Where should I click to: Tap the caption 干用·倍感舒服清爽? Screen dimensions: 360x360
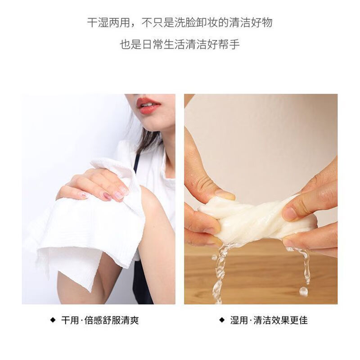click(x=100, y=320)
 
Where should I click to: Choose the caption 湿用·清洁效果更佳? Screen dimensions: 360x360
click(x=269, y=320)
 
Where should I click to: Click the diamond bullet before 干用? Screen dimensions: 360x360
click(x=52, y=320)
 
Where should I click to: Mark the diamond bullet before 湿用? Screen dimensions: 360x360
click(x=221, y=320)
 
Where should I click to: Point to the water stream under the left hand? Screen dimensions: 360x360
click(x=220, y=270)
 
